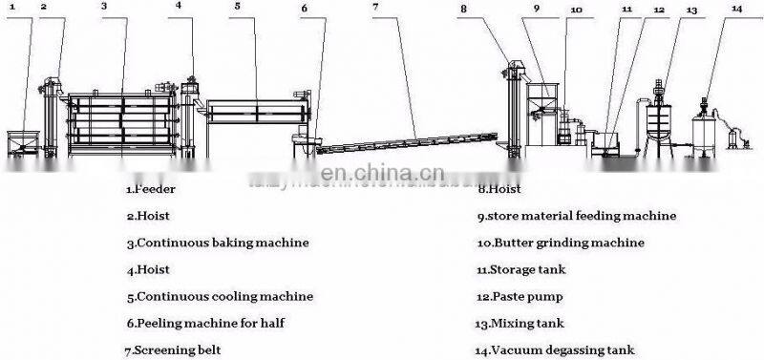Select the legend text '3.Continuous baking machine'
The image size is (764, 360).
(x=217, y=243)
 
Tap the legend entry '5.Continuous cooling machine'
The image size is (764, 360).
(x=219, y=296)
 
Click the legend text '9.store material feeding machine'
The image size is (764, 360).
(x=576, y=216)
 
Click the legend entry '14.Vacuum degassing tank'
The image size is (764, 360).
(x=554, y=350)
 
